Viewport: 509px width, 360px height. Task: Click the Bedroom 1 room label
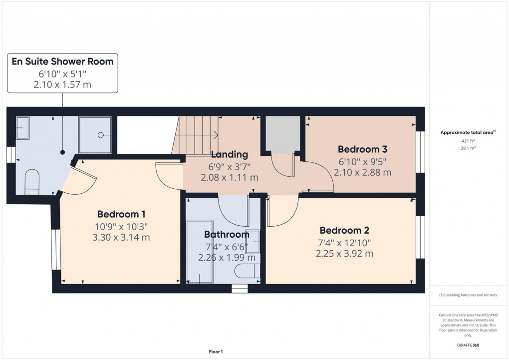[118, 214]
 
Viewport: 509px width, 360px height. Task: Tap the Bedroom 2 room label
[344, 230]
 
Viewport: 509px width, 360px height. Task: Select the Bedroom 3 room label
[362, 149]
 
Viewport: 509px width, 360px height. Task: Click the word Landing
[229, 154]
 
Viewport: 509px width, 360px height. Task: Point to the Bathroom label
[227, 234]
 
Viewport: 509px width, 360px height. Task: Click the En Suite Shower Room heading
[63, 62]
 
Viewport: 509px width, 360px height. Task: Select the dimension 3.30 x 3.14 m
[121, 238]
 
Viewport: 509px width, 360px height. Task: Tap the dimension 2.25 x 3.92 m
[344, 254]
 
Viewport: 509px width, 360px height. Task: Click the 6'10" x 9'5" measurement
[362, 161]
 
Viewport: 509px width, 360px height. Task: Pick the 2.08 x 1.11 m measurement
[229, 177]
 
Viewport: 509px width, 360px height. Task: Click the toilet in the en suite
[31, 181]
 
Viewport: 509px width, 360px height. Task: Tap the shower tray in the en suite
[95, 135]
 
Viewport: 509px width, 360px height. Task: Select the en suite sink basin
[22, 128]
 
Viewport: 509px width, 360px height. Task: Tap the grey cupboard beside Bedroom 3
[283, 134]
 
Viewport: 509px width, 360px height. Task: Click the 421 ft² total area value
[467, 141]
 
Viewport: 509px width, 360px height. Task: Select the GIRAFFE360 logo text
[467, 345]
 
